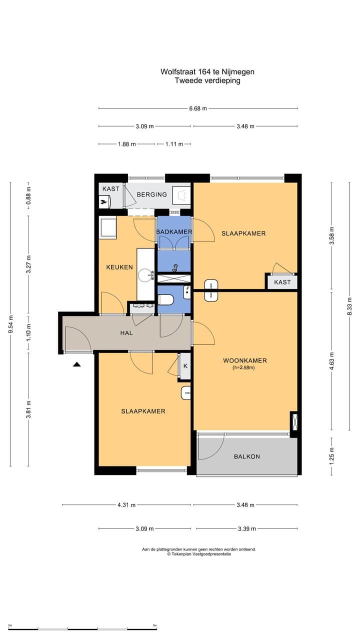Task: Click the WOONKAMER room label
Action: tap(245, 360)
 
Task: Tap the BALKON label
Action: tap(247, 456)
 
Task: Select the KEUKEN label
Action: tap(119, 267)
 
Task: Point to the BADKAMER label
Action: tap(174, 232)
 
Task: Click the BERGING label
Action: tap(151, 194)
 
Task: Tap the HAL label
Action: tap(126, 333)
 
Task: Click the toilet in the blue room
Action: tap(166, 300)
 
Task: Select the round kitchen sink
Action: tap(145, 275)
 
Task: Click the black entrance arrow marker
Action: tap(76, 364)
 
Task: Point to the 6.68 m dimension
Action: tap(198, 108)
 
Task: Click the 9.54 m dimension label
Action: tap(11, 324)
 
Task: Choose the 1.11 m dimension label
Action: tap(174, 144)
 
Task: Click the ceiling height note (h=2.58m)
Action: tap(243, 367)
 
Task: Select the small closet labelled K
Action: tap(185, 366)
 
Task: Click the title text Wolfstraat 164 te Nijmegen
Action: tap(207, 71)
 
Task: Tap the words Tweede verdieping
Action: tap(207, 80)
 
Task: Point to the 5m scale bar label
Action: tap(154, 625)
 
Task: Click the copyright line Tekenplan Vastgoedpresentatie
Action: tap(199, 554)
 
